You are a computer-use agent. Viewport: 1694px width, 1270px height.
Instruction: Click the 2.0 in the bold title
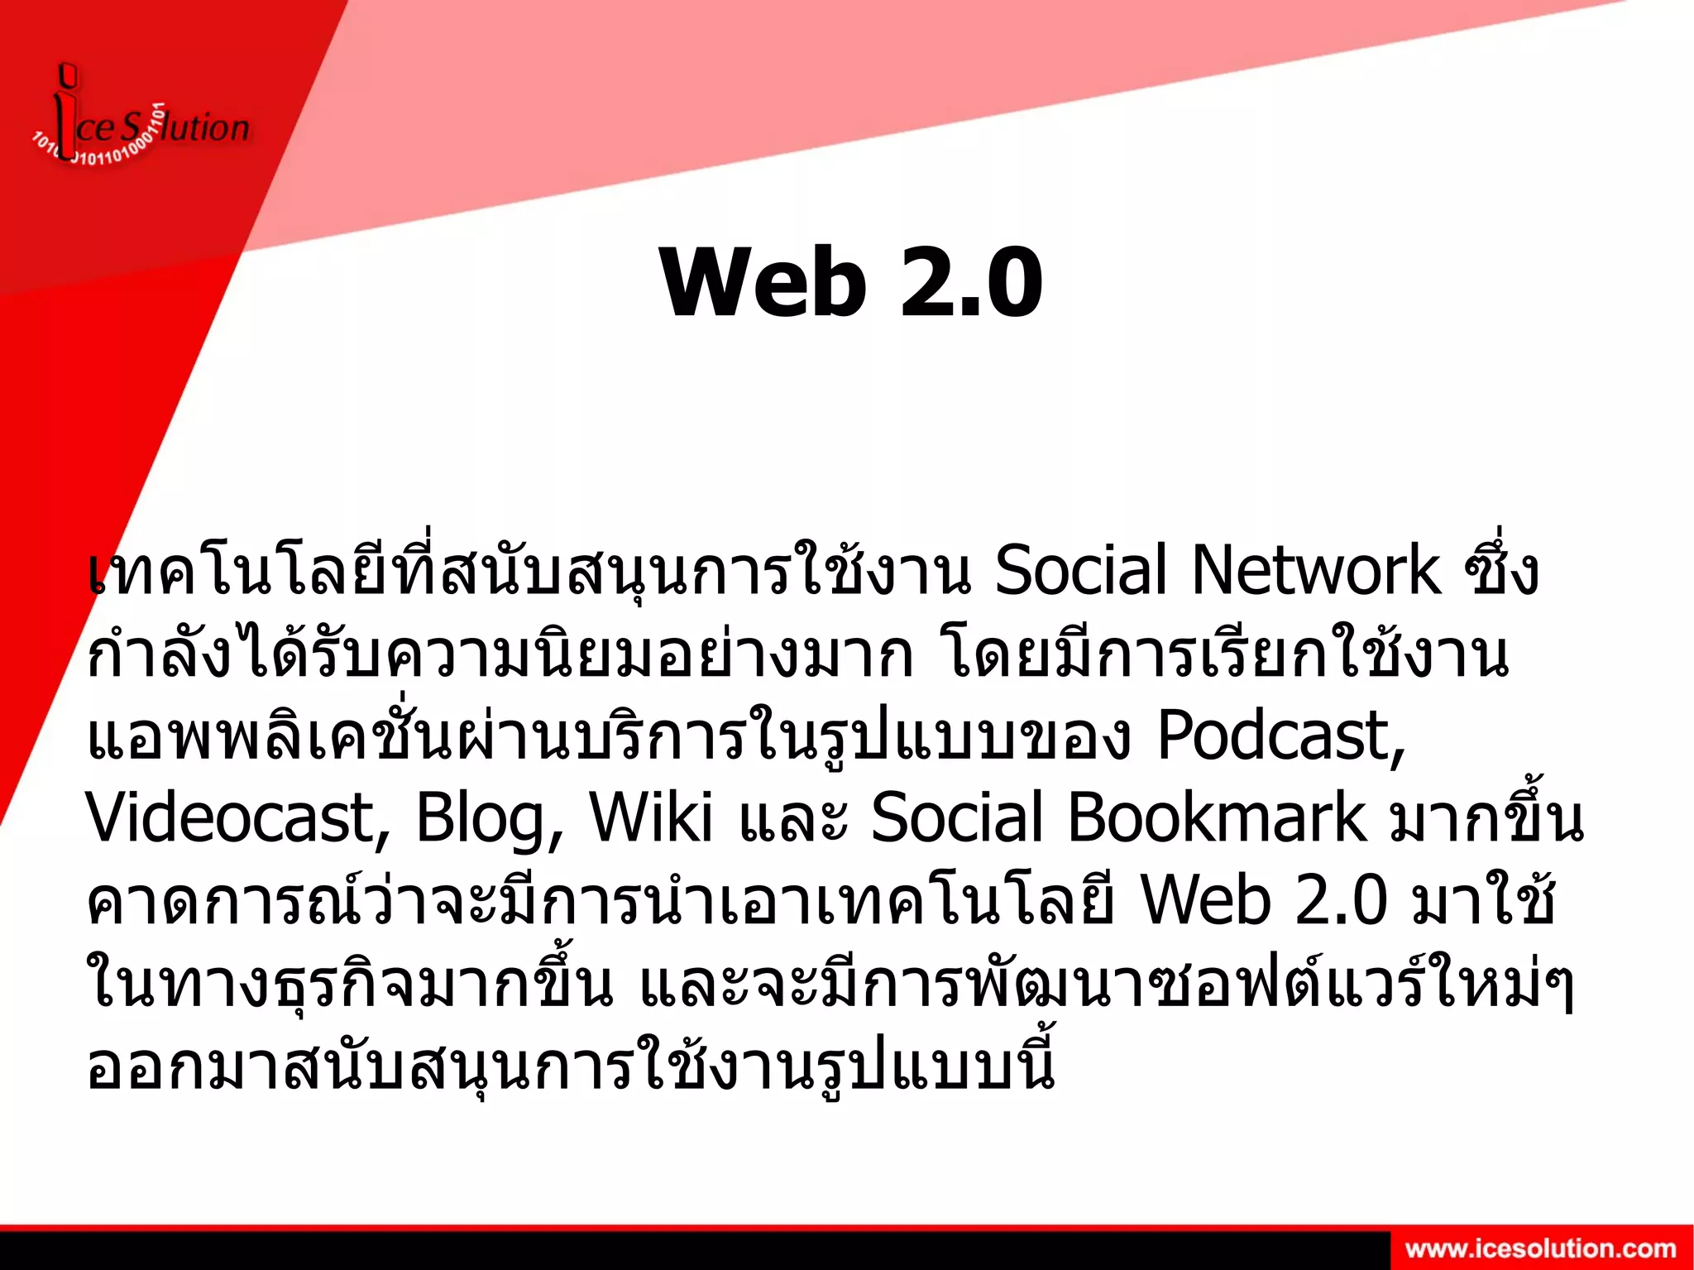971,283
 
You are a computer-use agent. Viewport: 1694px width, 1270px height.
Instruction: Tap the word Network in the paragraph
1316,570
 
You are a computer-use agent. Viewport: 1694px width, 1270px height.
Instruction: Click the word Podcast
1279,736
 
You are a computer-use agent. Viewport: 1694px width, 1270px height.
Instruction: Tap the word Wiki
650,818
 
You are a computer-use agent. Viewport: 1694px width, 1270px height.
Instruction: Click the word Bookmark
1217,818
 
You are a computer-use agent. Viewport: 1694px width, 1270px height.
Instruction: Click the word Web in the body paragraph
1204,901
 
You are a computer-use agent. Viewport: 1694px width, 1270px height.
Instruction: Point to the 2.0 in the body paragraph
1341,901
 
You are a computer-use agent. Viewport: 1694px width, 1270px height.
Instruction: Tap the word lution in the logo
207,128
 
